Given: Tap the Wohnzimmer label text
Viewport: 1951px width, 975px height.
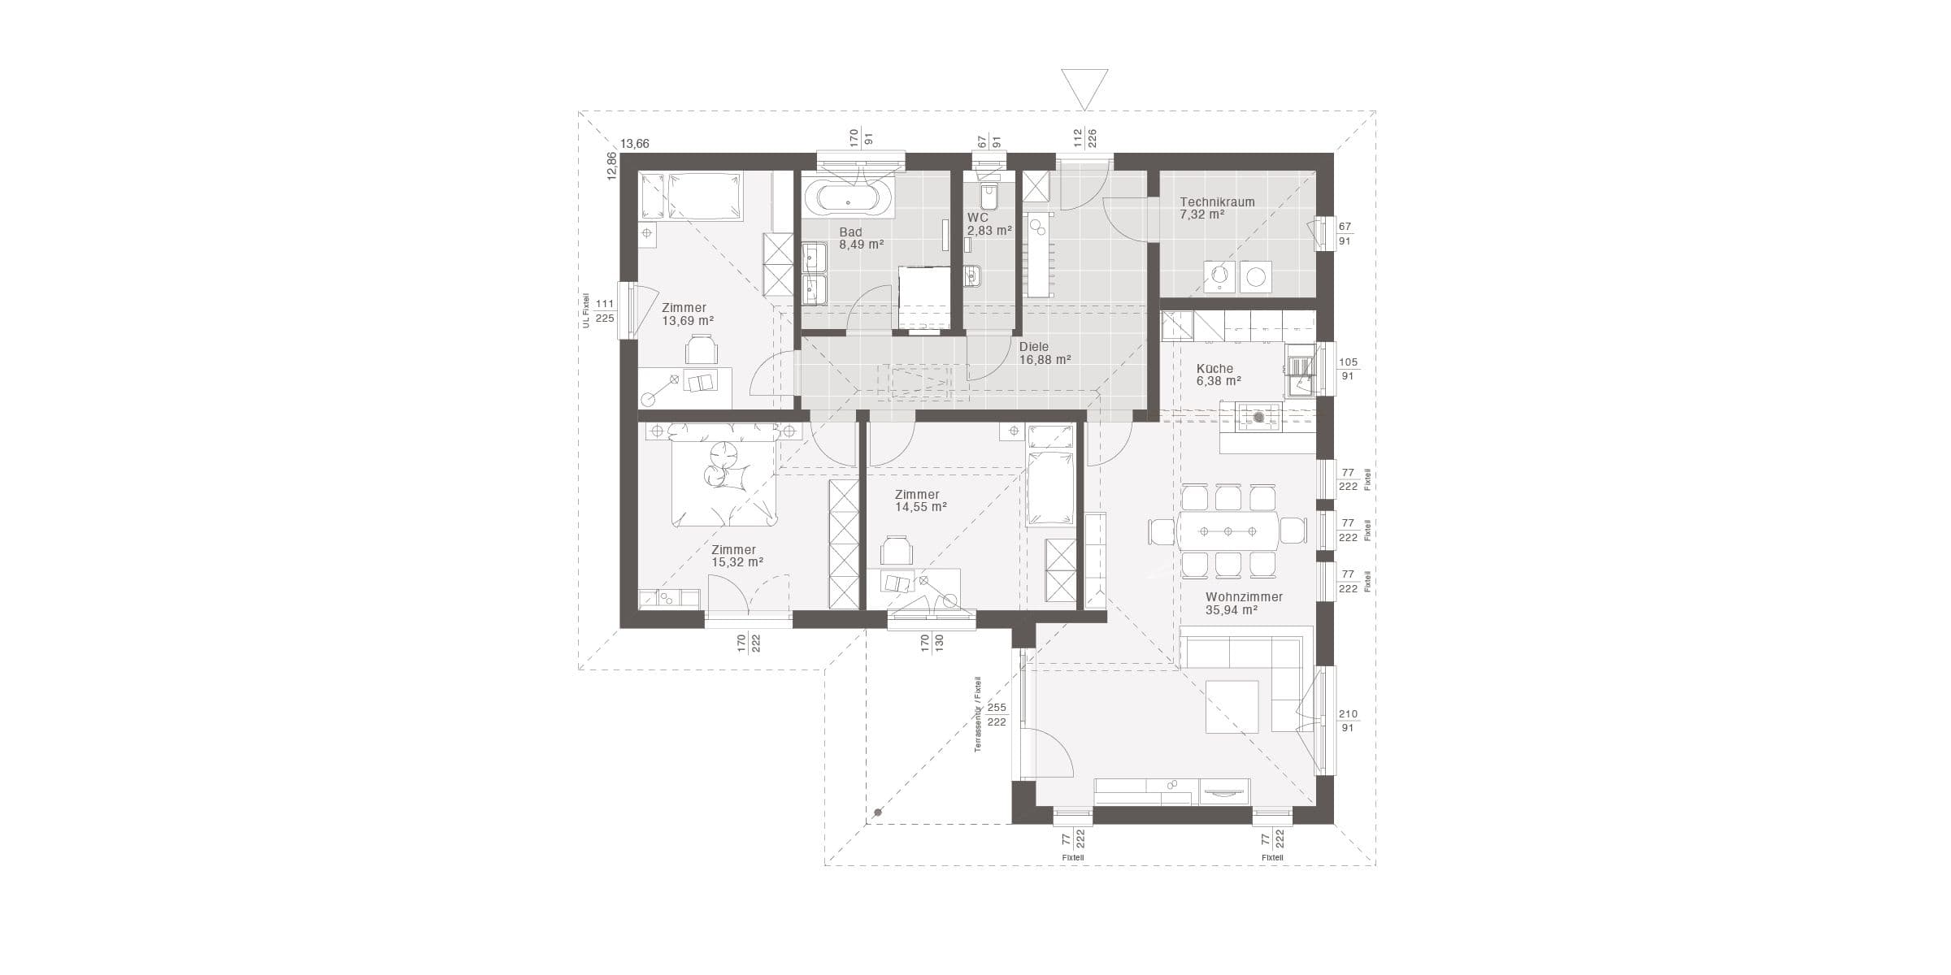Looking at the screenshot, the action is tap(1244, 597).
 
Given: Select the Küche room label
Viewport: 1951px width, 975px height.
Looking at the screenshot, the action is tap(1214, 368).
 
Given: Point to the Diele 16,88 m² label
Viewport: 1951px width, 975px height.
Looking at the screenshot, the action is tap(1045, 353).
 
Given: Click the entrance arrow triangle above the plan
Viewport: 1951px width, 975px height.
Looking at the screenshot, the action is tap(1084, 89).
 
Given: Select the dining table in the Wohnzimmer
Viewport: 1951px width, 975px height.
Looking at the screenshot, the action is tap(1228, 531).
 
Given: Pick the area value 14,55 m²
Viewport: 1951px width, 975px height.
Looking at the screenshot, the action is tap(921, 507).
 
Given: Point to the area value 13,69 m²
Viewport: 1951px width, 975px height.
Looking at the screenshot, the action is tap(688, 321).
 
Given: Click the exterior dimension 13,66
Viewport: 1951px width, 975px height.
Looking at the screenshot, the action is tap(635, 144).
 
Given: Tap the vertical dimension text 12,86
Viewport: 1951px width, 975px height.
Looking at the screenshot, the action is tap(611, 167).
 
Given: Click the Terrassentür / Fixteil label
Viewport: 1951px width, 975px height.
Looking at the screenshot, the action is tap(978, 714).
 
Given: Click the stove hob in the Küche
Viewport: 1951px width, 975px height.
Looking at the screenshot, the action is tap(1258, 417).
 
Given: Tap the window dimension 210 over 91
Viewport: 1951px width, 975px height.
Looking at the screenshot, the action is tap(1348, 721).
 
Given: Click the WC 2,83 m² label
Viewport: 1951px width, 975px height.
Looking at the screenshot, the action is tap(989, 224).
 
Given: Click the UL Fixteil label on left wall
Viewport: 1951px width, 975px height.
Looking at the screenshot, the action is tap(584, 310).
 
